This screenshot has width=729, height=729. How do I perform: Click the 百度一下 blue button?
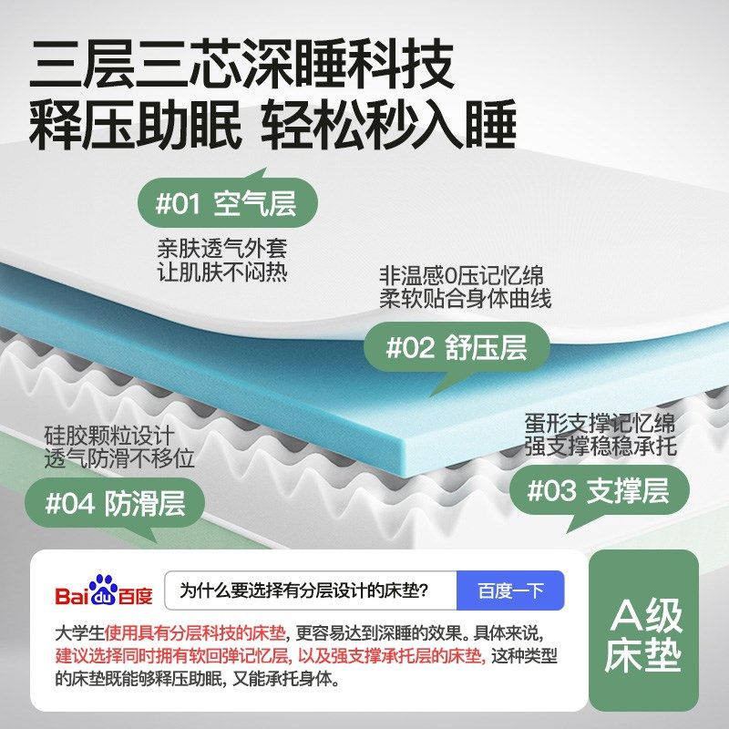point(509,590)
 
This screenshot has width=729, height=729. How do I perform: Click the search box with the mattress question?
point(310,590)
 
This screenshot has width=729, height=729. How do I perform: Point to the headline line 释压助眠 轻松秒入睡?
point(272,126)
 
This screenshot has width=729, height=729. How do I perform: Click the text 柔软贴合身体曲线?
point(465,298)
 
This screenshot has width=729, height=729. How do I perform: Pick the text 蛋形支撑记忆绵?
point(599,425)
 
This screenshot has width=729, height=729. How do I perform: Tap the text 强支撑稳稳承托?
point(599,447)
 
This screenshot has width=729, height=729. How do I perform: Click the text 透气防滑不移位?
point(118,458)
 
